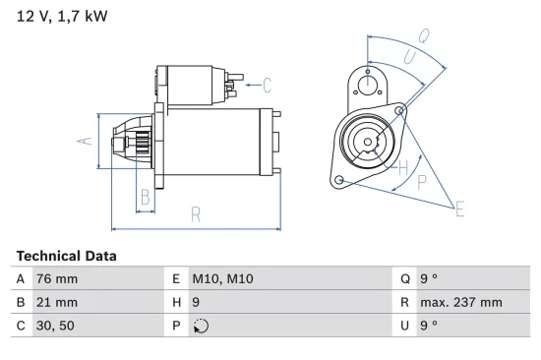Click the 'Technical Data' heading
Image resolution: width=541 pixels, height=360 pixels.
[x=66, y=256]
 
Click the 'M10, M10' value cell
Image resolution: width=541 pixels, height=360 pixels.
[x=225, y=278]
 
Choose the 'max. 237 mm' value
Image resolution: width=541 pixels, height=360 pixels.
[x=462, y=302]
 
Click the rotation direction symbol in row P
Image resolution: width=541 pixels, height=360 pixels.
[x=203, y=327]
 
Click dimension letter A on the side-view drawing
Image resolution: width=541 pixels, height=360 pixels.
[x=85, y=141]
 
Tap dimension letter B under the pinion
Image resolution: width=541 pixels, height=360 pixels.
[x=145, y=196]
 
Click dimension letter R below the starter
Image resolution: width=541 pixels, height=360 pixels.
[x=196, y=214]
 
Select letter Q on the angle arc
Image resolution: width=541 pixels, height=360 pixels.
[x=423, y=35]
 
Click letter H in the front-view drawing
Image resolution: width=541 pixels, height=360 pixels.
[x=401, y=167]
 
